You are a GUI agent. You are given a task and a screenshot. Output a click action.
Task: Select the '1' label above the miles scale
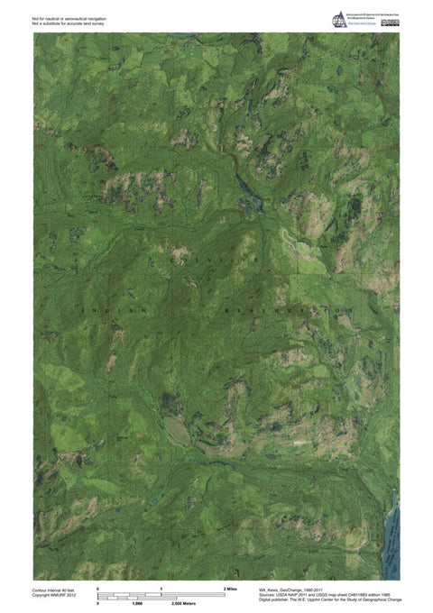(x=161, y=588)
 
